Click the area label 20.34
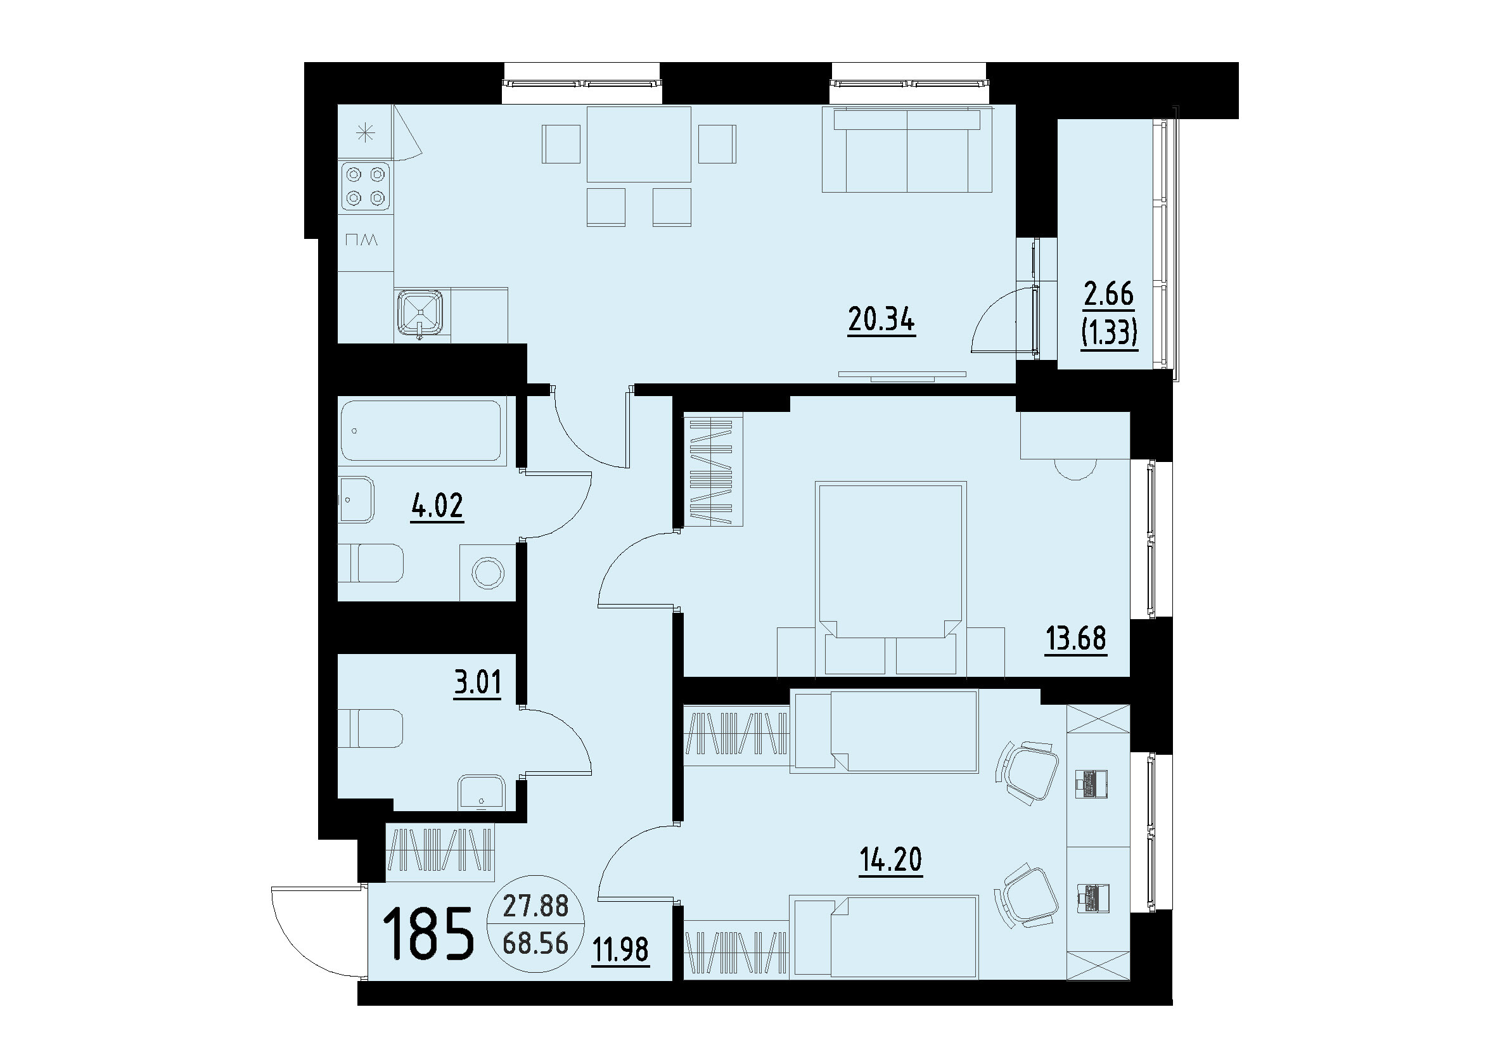(881, 320)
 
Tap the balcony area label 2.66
(1108, 295)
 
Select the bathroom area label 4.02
(437, 506)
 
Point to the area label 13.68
(1075, 639)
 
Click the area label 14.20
(891, 859)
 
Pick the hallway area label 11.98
(620, 949)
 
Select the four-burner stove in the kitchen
(366, 186)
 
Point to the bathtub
(421, 431)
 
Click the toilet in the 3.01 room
(371, 728)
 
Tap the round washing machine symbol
(487, 573)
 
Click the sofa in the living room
(907, 150)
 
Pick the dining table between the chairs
(639, 144)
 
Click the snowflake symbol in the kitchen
(366, 134)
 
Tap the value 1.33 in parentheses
(1108, 333)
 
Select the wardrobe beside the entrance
(440, 850)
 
